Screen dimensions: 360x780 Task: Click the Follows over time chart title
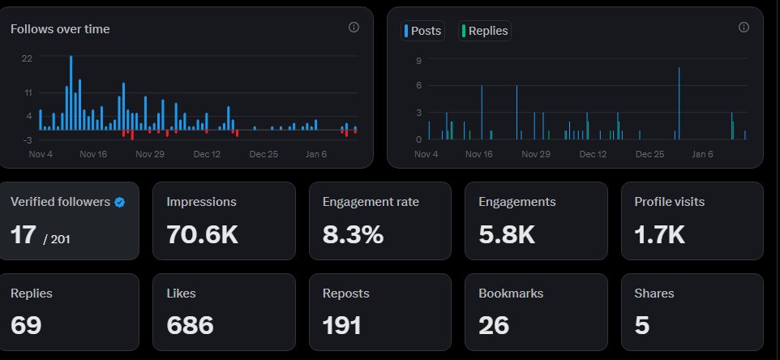click(60, 29)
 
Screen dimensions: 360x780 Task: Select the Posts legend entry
click(422, 31)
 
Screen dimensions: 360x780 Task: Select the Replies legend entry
click(485, 31)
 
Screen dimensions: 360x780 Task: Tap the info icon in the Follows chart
click(354, 28)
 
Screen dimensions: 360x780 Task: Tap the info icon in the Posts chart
click(744, 28)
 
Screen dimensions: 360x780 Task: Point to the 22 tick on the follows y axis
click(28, 58)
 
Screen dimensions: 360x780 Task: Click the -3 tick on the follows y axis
click(28, 140)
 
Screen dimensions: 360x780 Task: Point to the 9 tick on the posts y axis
click(418, 61)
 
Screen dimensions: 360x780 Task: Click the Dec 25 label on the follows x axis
click(264, 153)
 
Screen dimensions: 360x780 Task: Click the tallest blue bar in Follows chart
click(71, 92)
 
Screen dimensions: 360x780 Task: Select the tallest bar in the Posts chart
click(679, 103)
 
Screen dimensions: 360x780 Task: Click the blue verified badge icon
click(119, 202)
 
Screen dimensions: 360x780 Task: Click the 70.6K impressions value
click(202, 234)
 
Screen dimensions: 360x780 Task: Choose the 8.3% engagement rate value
click(353, 234)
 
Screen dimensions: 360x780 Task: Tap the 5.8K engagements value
click(506, 234)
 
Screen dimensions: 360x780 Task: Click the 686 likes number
click(190, 325)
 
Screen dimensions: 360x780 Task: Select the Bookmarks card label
click(511, 294)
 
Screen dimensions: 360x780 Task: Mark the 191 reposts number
click(342, 325)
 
